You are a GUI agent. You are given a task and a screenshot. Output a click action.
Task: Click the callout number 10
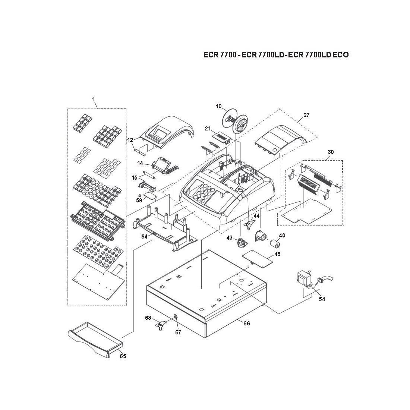pyautogui.click(x=219, y=106)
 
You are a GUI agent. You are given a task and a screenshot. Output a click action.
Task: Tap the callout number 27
pyautogui.click(x=306, y=115)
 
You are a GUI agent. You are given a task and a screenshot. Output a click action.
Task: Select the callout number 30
pyautogui.click(x=331, y=152)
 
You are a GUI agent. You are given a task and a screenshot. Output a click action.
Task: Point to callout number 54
pyautogui.click(x=322, y=299)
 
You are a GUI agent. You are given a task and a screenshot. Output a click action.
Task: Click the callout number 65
pyautogui.click(x=123, y=356)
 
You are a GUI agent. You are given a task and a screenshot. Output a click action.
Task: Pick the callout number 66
pyautogui.click(x=247, y=323)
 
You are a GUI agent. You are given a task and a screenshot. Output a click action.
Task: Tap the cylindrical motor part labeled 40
pyautogui.click(x=275, y=245)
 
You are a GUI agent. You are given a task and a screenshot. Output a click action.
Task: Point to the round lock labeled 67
pyautogui.click(x=175, y=317)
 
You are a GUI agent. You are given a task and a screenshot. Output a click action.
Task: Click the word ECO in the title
pyautogui.click(x=340, y=55)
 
